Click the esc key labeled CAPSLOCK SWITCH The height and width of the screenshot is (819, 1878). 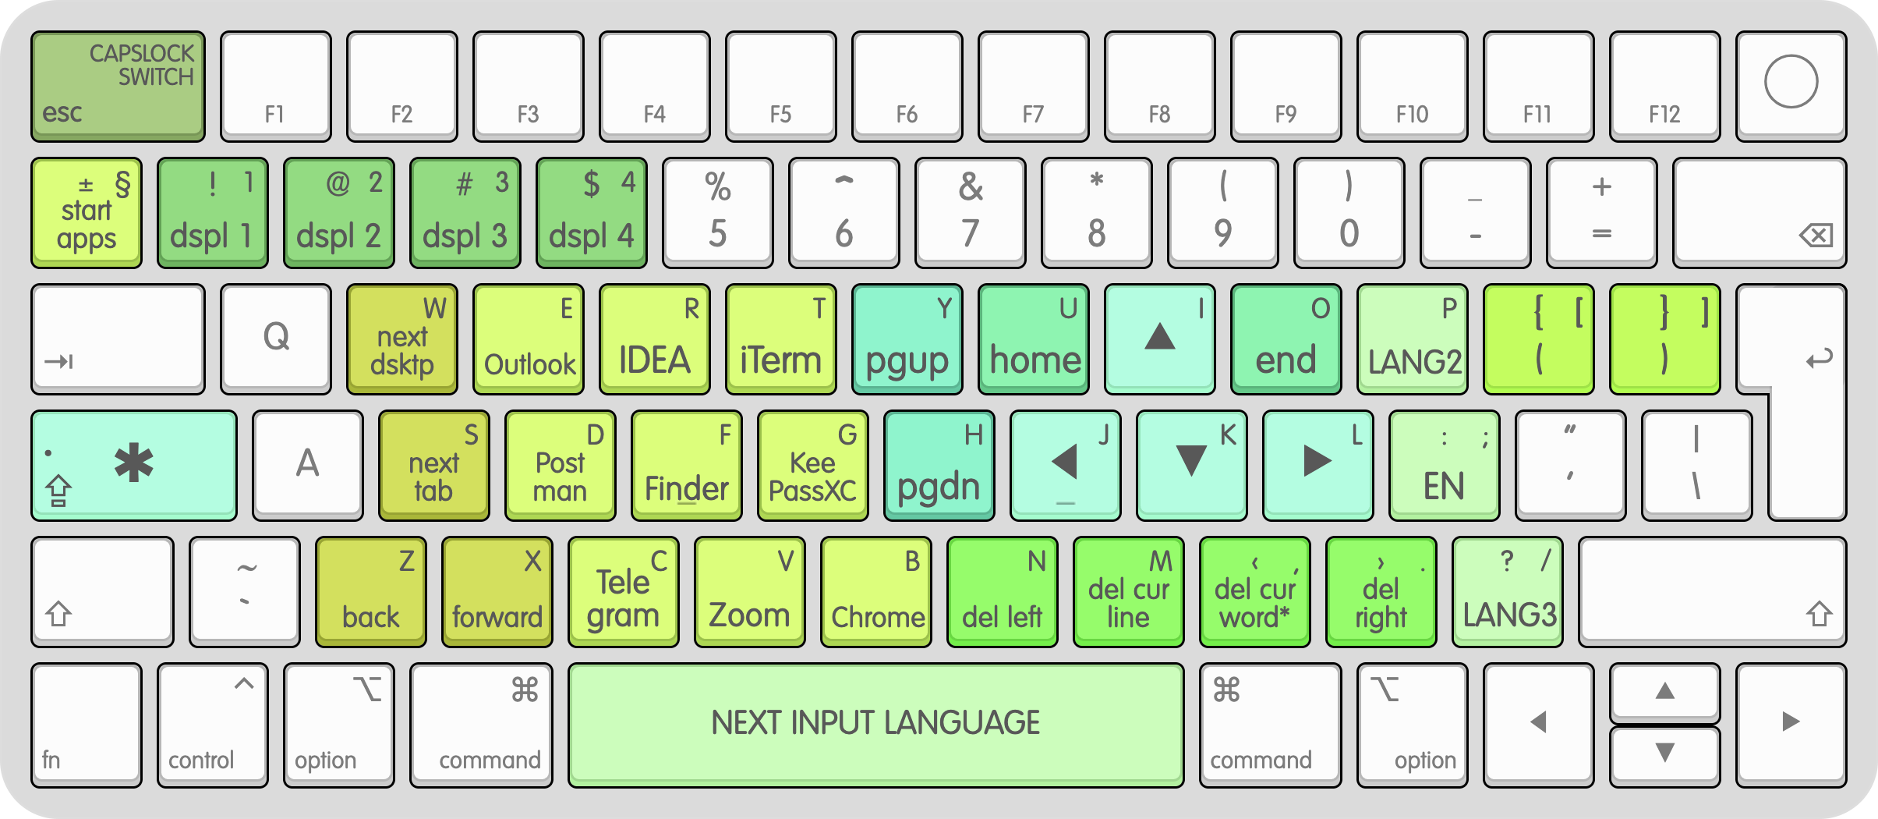click(118, 86)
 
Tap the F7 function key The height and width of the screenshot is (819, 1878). click(1033, 86)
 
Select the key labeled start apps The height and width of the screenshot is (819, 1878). click(87, 213)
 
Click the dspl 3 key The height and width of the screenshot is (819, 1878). click(465, 213)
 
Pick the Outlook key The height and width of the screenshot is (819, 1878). click(529, 339)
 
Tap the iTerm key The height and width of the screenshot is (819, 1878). click(781, 339)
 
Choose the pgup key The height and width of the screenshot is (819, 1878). click(907, 339)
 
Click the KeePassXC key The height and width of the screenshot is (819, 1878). click(813, 466)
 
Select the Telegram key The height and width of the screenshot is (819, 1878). click(624, 592)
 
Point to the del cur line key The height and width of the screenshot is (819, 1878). click(1129, 592)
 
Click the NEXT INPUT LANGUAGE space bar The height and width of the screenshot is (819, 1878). click(875, 724)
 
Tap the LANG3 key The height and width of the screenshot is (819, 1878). click(1508, 592)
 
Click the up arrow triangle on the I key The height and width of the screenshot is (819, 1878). click(1160, 337)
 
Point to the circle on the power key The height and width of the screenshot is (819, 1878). click(1791, 81)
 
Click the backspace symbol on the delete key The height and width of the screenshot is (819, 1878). click(1816, 235)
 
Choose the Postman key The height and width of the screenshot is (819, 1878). click(561, 466)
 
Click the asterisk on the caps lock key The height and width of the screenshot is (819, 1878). click(134, 463)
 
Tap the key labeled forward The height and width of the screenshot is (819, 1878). click(497, 592)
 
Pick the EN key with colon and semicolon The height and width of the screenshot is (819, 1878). click(1445, 466)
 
